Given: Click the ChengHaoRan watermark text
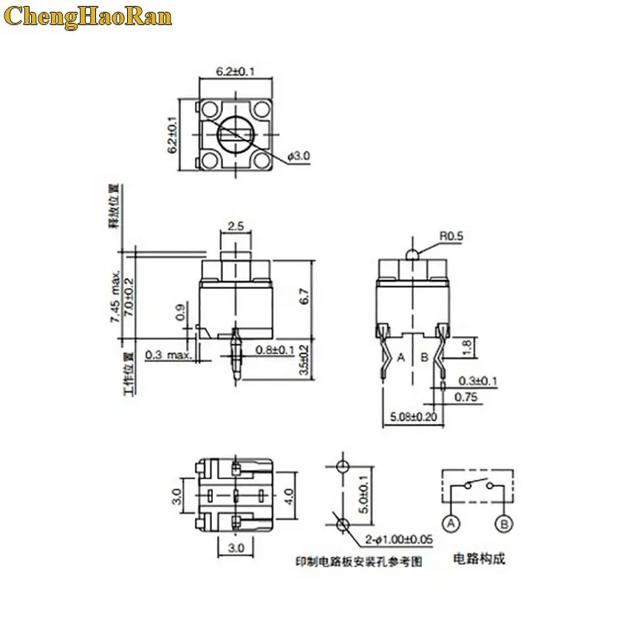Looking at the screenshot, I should pyautogui.click(x=88, y=16).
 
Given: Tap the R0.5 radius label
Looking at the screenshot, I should pyautogui.click(x=451, y=236).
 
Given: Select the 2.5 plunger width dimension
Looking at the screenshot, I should pyautogui.click(x=236, y=226).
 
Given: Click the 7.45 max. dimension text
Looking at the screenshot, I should pyautogui.click(x=115, y=296).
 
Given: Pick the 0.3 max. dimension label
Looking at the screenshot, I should pyautogui.click(x=168, y=355).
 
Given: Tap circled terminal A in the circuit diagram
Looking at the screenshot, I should pyautogui.click(x=449, y=523).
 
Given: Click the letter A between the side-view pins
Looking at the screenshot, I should pyautogui.click(x=402, y=358).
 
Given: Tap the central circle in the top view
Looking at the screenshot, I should pyautogui.click(x=236, y=134).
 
